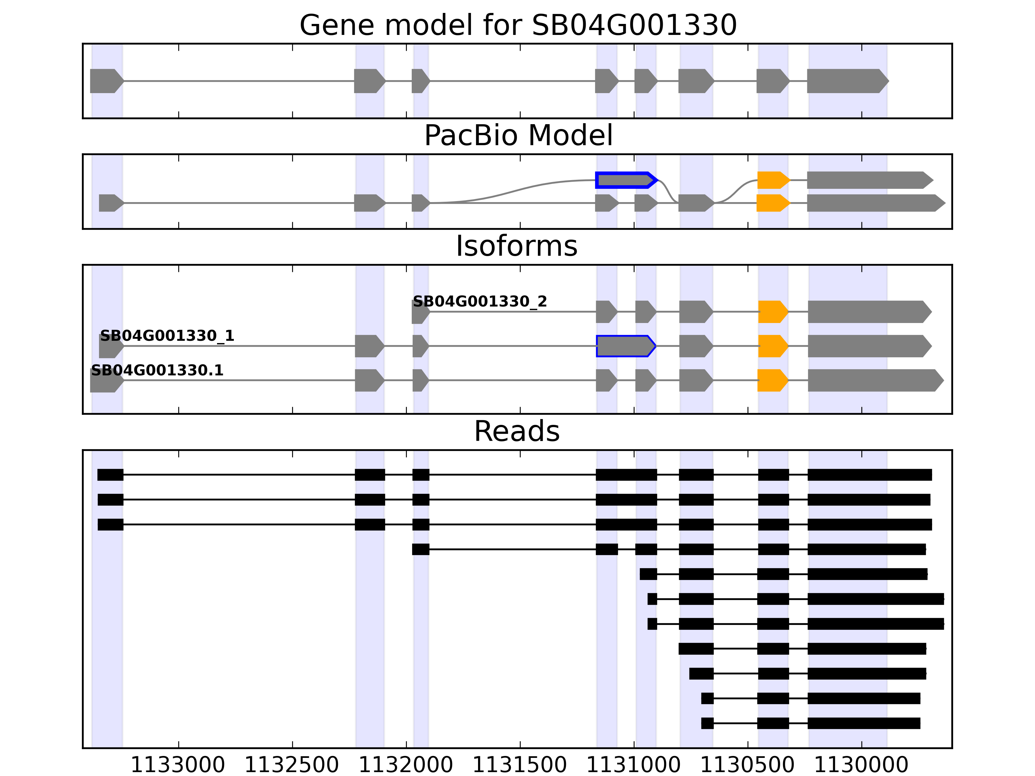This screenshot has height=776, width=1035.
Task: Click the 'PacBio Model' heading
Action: [518, 136]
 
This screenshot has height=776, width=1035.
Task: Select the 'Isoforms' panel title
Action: [517, 246]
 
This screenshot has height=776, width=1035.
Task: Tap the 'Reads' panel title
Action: [517, 431]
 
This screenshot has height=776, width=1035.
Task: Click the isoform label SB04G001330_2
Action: [480, 302]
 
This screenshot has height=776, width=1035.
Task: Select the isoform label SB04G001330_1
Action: [167, 336]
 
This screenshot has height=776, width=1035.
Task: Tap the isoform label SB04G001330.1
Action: [157, 371]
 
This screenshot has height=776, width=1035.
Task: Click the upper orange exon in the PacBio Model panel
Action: [772, 180]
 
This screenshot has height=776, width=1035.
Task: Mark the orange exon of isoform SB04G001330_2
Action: [772, 312]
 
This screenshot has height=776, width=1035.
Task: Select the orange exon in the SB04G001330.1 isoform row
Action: [772, 380]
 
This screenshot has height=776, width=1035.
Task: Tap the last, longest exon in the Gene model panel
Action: [847, 81]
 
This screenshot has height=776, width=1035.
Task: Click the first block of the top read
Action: [110, 475]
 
